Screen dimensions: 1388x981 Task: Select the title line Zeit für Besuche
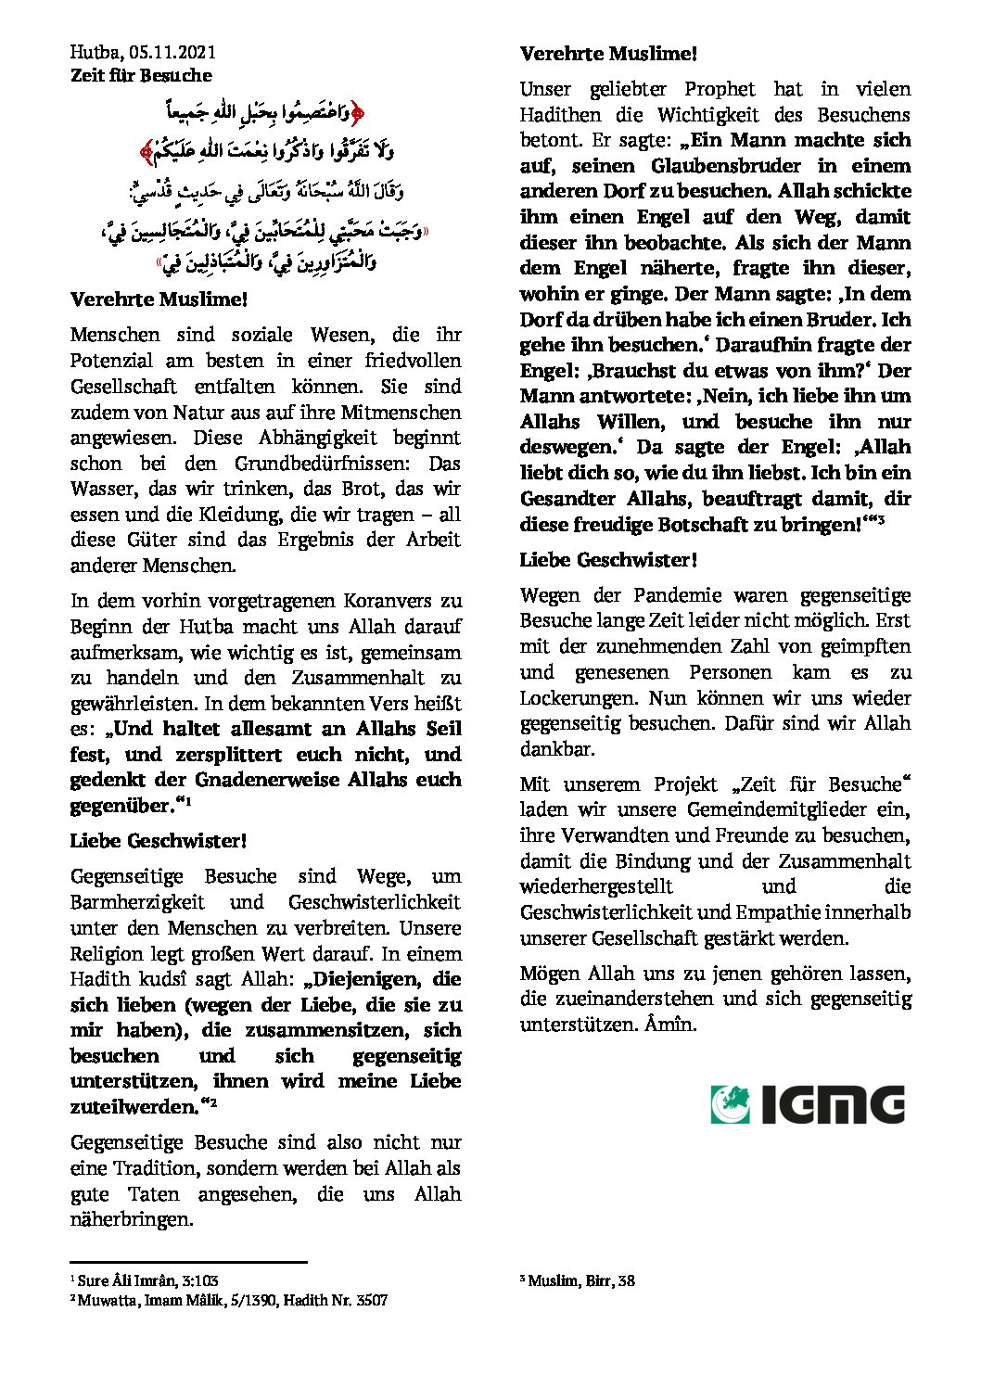pyautogui.click(x=141, y=75)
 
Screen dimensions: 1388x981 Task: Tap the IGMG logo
pyautogui.click(x=808, y=1104)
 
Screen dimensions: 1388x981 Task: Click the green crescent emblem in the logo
pyautogui.click(x=731, y=1104)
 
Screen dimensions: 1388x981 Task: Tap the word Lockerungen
pyautogui.click(x=576, y=697)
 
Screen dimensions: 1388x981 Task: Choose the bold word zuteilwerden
pyautogui.click(x=134, y=1106)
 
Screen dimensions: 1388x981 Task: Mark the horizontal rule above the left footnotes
pyautogui.click(x=188, y=1262)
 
